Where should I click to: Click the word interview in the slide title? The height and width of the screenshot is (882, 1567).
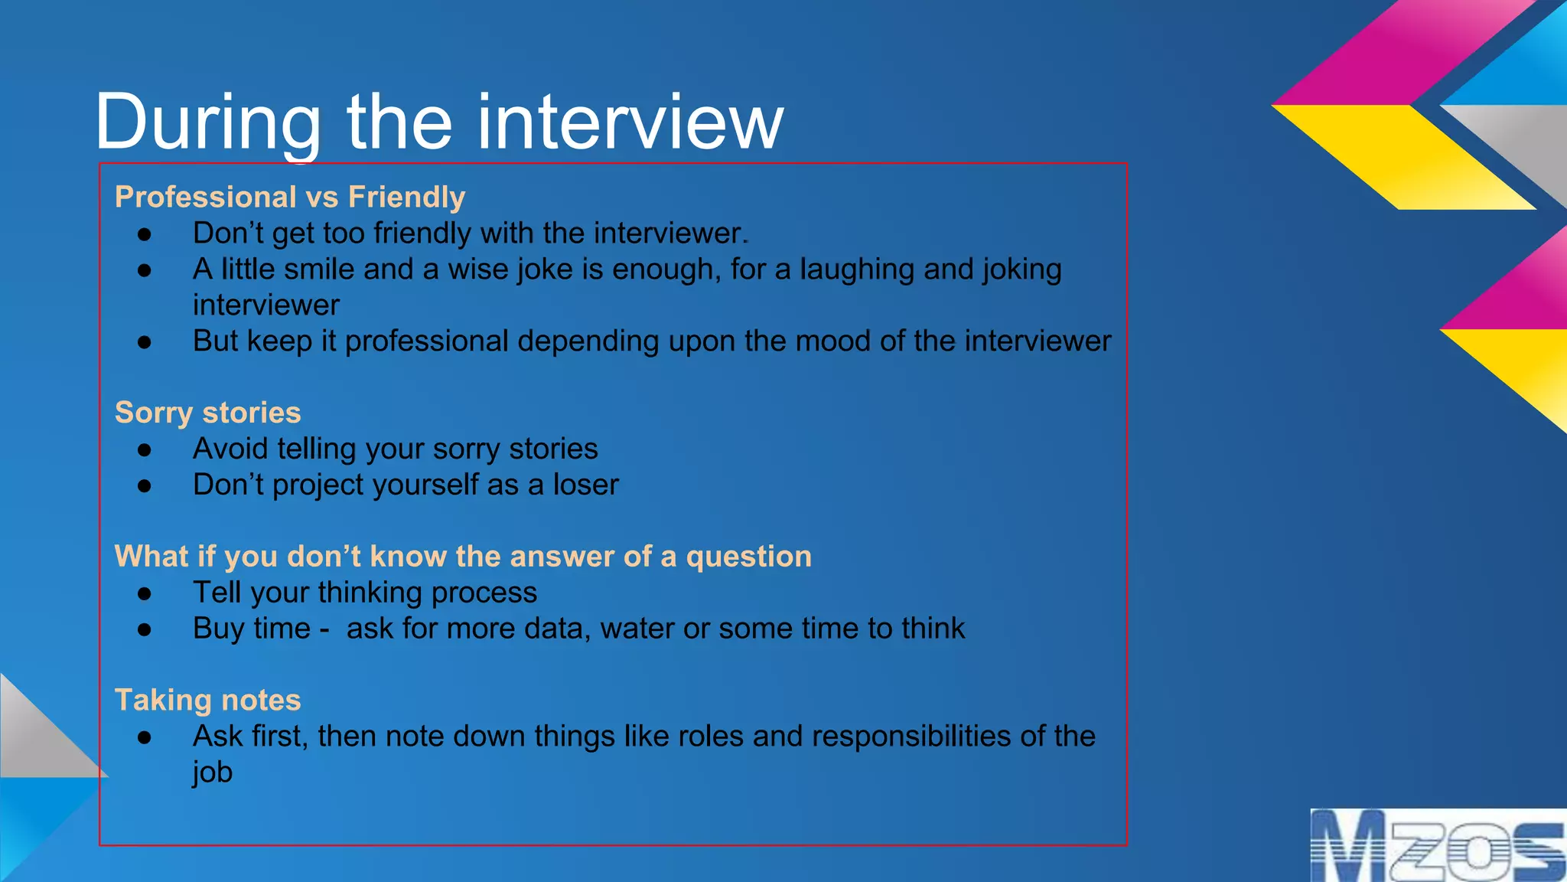click(x=630, y=122)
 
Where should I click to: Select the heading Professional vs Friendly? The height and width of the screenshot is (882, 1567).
click(x=289, y=198)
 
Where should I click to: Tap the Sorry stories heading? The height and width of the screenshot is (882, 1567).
click(x=207, y=413)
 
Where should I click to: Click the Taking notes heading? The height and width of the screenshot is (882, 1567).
click(x=207, y=701)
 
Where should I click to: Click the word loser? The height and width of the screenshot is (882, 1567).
click(x=585, y=485)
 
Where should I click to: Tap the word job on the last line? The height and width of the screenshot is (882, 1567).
click(x=212, y=772)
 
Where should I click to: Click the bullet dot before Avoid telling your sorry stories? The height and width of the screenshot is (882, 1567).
click(x=145, y=450)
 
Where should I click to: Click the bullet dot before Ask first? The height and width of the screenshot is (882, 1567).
click(x=145, y=737)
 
